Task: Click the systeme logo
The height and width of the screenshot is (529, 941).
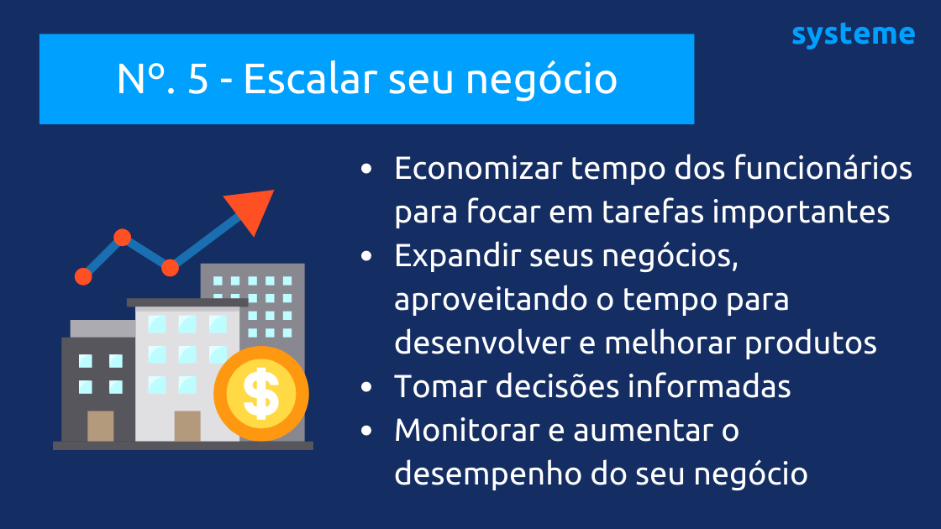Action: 853,35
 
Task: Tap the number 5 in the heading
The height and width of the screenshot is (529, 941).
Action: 197,80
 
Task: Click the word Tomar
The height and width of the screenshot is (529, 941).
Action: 432,386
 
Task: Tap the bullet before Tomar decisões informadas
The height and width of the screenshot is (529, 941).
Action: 365,387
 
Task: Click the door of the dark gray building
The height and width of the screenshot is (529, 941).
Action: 100,426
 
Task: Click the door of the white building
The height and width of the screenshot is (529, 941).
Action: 187,426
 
